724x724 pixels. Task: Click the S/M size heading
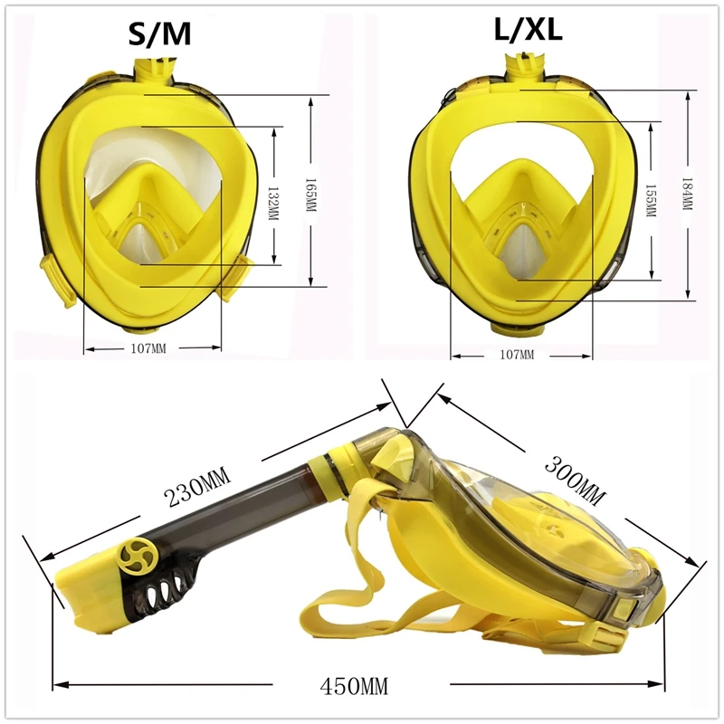(x=159, y=34)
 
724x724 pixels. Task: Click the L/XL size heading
(x=529, y=30)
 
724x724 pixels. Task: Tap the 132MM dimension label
(x=274, y=203)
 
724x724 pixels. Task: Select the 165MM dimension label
(x=310, y=195)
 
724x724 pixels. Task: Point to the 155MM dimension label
(x=651, y=200)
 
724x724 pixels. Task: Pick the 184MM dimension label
(x=688, y=194)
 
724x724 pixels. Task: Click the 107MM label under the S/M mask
(x=148, y=348)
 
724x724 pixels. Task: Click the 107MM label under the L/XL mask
(x=517, y=355)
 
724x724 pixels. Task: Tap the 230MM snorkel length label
(x=197, y=486)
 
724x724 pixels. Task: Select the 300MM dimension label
(x=575, y=481)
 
